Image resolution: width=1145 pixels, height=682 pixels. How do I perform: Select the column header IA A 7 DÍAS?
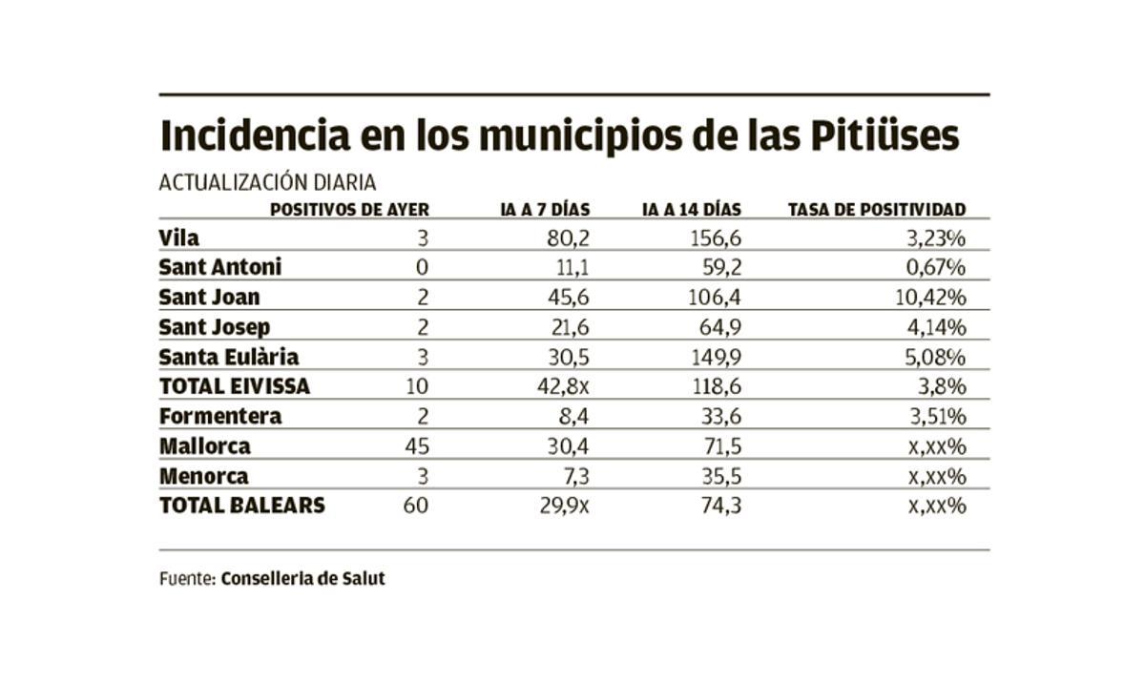pyautogui.click(x=545, y=209)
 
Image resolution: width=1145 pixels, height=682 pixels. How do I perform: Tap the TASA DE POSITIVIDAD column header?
pyautogui.click(x=877, y=209)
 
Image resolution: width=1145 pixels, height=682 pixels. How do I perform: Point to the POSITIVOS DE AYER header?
pyautogui.click(x=349, y=209)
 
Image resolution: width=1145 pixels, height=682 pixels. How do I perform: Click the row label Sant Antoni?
pyautogui.click(x=220, y=267)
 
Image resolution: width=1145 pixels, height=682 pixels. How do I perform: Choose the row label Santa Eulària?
pyautogui.click(x=229, y=357)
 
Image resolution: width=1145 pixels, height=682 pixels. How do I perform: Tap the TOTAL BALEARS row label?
pyautogui.click(x=241, y=506)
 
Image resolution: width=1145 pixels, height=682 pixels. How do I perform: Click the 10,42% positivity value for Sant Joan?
pyautogui.click(x=931, y=298)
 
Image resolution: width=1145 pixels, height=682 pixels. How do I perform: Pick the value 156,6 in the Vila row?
pyautogui.click(x=715, y=238)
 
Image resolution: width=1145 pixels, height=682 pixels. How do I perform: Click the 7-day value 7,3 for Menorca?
pyautogui.click(x=572, y=476)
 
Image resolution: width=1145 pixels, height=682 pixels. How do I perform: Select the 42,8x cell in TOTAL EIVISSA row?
pyautogui.click(x=563, y=386)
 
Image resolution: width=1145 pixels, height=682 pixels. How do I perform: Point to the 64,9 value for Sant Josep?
pyautogui.click(x=718, y=327)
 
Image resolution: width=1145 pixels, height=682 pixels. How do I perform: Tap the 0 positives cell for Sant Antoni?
pyautogui.click(x=423, y=267)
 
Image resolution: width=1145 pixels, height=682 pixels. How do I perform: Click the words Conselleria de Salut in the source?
pyautogui.click(x=302, y=578)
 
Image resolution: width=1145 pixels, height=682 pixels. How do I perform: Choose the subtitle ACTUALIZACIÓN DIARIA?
pyautogui.click(x=267, y=182)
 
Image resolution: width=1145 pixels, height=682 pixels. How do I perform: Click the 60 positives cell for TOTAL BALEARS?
pyautogui.click(x=415, y=506)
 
